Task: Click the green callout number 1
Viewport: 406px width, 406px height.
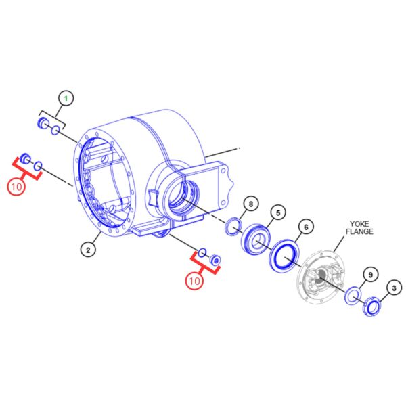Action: point(66,98)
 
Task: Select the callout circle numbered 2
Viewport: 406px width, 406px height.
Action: point(88,250)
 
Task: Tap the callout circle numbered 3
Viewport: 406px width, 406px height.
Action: point(394,288)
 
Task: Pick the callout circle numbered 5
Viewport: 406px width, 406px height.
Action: point(278,213)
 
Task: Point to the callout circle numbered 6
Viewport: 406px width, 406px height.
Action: point(306,227)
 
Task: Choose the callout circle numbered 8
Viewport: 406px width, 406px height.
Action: point(250,204)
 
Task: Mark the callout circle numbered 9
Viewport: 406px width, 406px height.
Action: point(371,275)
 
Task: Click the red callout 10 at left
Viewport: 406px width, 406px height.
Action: point(16,187)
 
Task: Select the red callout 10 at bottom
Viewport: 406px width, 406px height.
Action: point(194,280)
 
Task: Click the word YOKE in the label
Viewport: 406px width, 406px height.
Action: point(359,224)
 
